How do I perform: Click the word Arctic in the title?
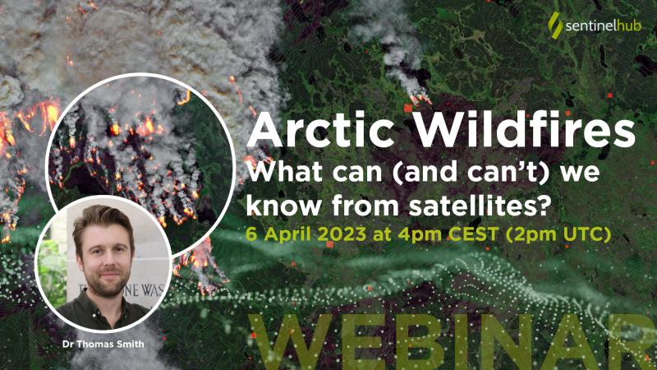click(x=320, y=130)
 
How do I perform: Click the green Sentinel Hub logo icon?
click(x=555, y=25)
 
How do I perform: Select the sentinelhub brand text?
click(x=603, y=26)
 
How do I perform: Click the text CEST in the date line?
click(x=474, y=234)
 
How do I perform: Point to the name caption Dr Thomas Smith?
click(x=103, y=345)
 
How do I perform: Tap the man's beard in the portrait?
click(x=108, y=282)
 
